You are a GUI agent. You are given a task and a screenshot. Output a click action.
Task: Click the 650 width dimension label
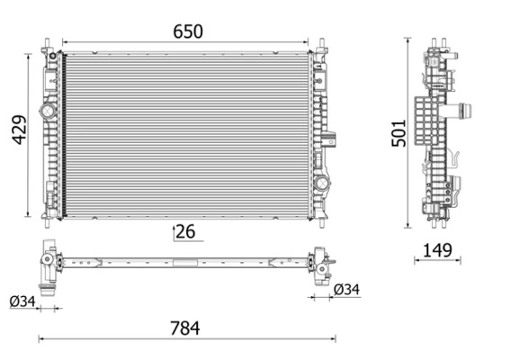188,31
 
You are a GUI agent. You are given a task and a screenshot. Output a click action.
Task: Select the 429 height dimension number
18,133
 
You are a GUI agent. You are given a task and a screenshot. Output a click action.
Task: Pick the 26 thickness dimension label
185,232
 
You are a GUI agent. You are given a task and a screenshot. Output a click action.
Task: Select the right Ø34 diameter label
346,289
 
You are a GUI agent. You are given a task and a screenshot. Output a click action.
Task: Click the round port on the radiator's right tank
321,183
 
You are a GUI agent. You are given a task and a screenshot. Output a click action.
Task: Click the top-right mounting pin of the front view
321,45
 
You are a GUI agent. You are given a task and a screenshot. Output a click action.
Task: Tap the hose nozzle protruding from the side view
466,112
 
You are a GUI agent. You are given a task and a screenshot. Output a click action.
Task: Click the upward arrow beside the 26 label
174,232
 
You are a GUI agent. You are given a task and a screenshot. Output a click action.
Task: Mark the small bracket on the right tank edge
331,139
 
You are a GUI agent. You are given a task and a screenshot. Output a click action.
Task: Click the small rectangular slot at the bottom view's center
185,264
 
